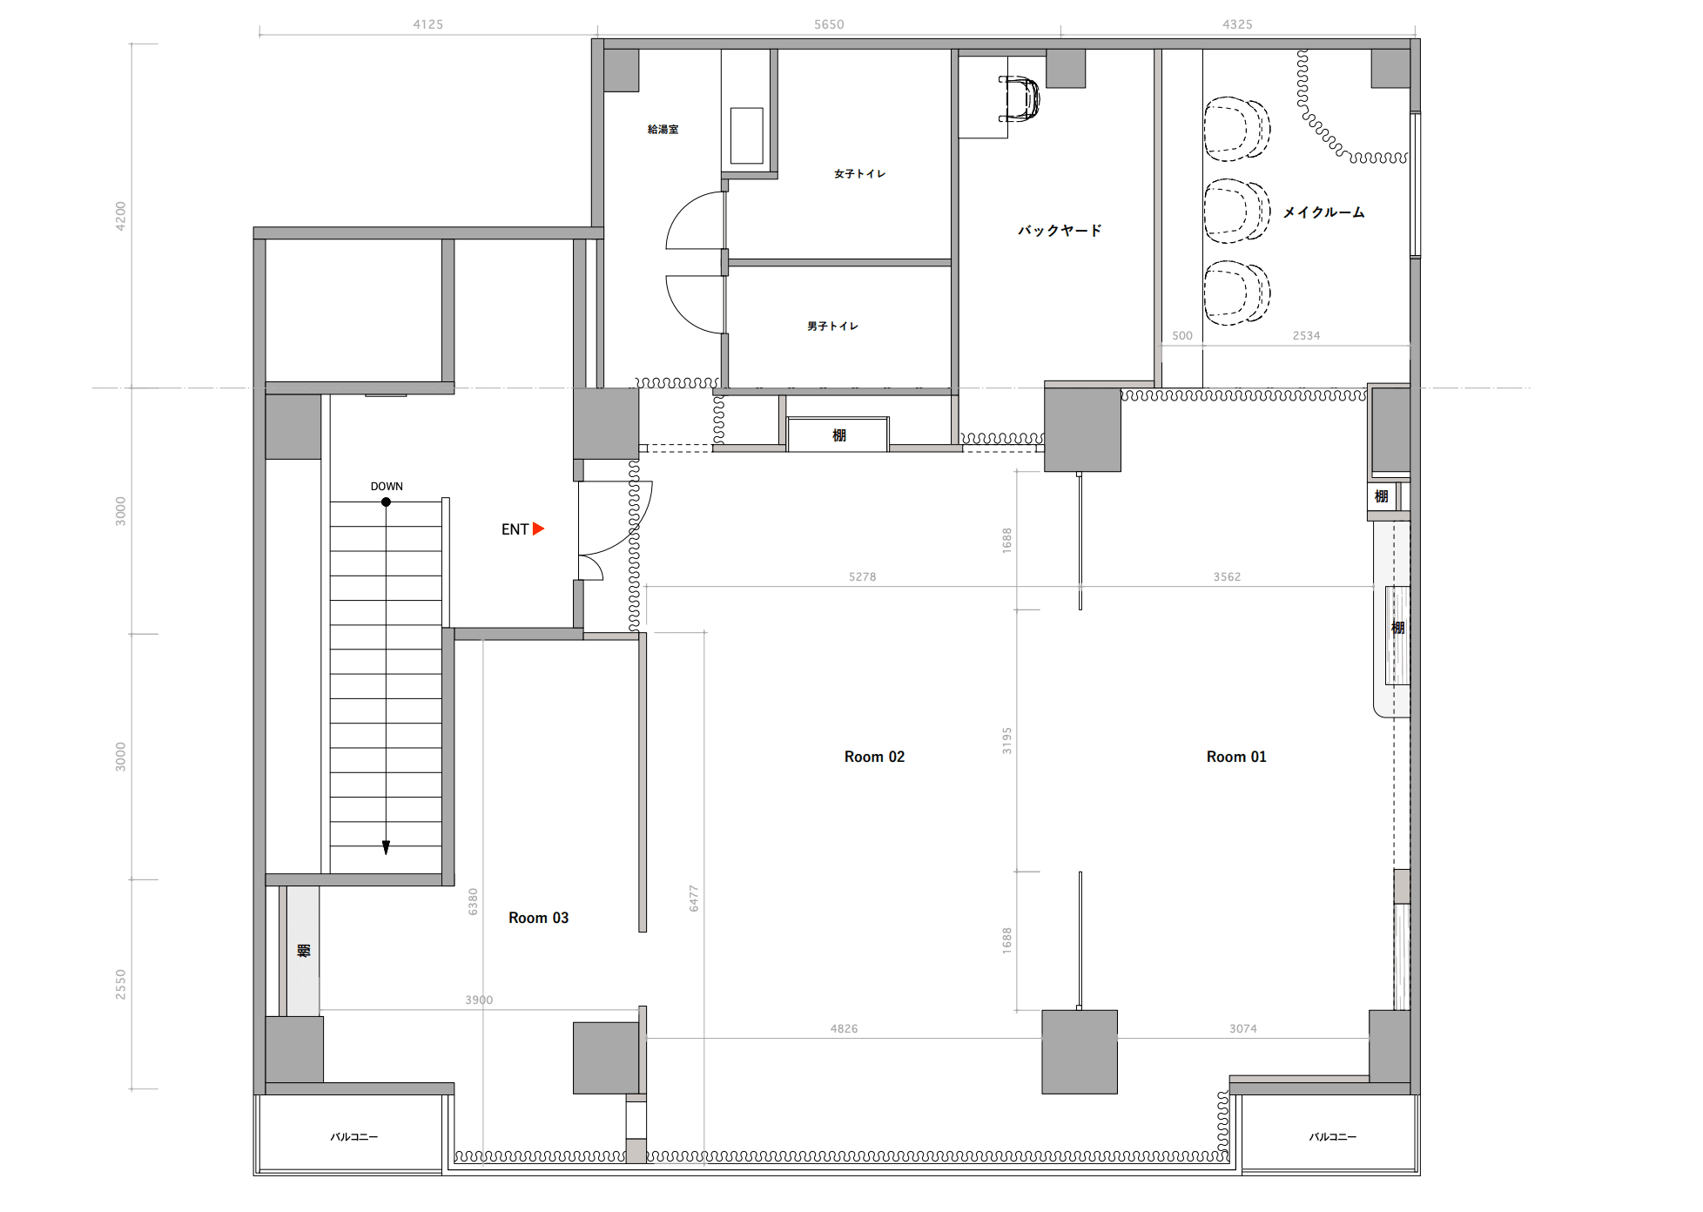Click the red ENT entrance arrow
[538, 529]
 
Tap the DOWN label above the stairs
[387, 487]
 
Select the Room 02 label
[874, 757]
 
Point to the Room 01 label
[1236, 757]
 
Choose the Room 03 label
[538, 918]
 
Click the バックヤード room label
[1060, 231]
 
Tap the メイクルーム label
[1323, 212]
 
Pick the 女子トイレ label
[859, 174]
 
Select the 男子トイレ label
[832, 327]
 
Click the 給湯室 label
[663, 130]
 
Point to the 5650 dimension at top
[829, 24]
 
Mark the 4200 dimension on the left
[121, 216]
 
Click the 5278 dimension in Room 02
[862, 576]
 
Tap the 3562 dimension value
[1227, 576]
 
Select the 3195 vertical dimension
[1007, 741]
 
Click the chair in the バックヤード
[1020, 98]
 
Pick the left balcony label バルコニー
[354, 1137]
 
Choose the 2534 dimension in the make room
[1306, 335]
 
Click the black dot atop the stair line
[386, 502]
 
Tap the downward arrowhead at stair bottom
[386, 847]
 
